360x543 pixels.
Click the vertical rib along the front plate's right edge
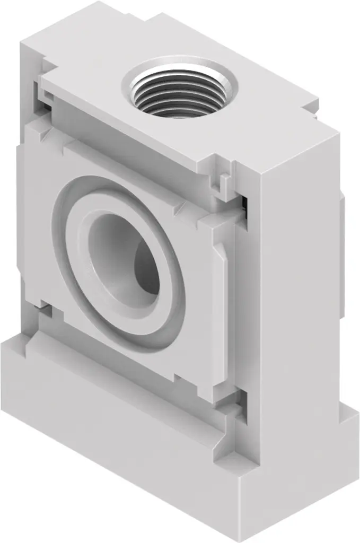tap(223, 276)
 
